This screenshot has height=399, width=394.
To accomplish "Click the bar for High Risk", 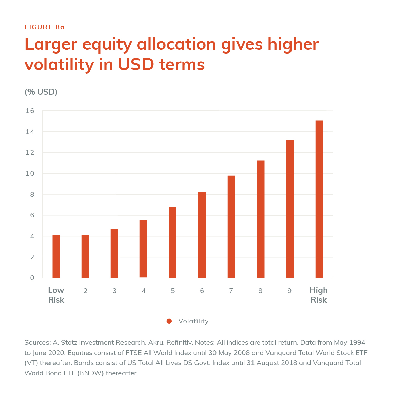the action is (x=319, y=199).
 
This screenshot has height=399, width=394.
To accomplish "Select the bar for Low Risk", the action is (x=56, y=256).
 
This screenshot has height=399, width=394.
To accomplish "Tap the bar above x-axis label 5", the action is (x=173, y=242).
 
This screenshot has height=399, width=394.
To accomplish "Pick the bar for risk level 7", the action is (x=231, y=227).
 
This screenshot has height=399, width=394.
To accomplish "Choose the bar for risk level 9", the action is (x=290, y=209).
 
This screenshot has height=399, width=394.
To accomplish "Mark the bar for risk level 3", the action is (x=114, y=253).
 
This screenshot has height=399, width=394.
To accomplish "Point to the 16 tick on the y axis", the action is (x=30, y=111).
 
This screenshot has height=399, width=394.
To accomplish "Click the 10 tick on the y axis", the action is (x=30, y=173).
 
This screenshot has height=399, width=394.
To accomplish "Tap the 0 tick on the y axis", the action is (x=32, y=278).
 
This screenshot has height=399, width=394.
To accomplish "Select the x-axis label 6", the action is (x=202, y=291).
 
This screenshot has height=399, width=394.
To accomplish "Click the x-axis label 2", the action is (x=86, y=291).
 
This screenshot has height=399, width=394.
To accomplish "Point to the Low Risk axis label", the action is (x=56, y=295).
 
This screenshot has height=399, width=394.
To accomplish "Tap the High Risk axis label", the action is (x=319, y=295).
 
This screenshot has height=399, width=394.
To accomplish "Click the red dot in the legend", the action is (x=169, y=321).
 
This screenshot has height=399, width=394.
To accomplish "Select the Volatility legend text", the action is (x=193, y=321).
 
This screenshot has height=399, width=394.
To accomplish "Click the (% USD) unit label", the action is (x=41, y=92).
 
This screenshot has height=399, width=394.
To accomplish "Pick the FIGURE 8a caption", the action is (x=45, y=27).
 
